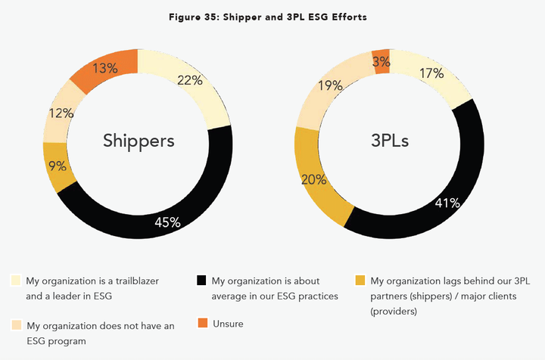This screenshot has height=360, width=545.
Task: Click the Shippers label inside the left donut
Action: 139,141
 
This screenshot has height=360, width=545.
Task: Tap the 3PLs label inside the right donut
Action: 391,141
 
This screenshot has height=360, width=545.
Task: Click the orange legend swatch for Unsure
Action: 201,323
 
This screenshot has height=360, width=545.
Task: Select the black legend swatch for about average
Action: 201,280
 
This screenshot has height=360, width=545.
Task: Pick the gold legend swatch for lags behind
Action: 360,280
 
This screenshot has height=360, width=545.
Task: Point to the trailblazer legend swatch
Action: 16,280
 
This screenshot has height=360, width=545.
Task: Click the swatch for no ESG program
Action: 16,325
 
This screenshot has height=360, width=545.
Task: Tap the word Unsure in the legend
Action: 229,323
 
